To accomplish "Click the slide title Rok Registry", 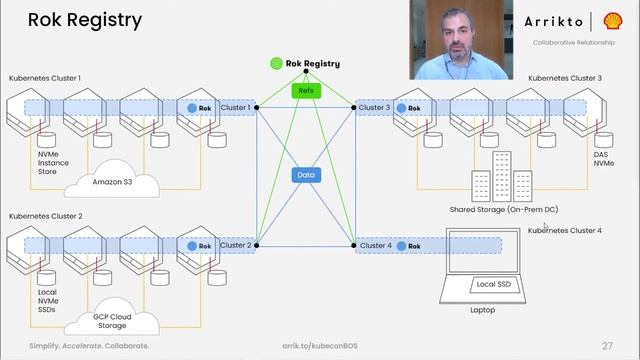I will tap(84, 20).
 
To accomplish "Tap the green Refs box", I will tap(306, 90).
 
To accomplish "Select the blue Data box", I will tap(306, 175).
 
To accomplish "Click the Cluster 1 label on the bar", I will tap(236, 107).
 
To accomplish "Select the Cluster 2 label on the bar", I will tap(236, 245).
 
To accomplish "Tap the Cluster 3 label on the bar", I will tap(374, 107).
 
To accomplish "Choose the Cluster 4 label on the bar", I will tap(376, 245).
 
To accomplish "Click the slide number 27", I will tap(607, 345).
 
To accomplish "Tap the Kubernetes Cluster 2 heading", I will tap(46, 217).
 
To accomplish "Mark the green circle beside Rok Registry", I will tap(277, 64).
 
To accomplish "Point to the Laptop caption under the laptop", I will tap(482, 310).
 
